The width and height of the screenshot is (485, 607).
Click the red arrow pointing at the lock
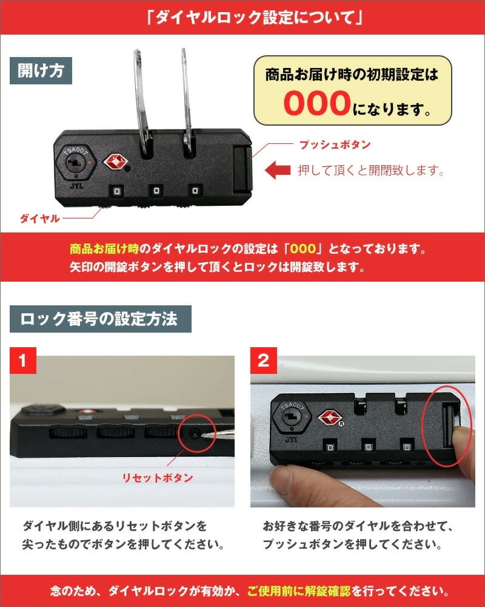[278, 170]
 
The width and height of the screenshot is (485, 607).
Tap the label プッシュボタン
[335, 145]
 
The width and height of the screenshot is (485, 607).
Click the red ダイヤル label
[40, 219]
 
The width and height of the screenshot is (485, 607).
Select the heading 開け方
[41, 70]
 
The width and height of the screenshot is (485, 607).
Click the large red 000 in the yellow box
[317, 103]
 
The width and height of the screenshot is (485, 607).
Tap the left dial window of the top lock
[117, 191]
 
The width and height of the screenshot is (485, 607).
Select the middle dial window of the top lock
[156, 191]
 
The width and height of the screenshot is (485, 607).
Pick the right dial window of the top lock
[195, 191]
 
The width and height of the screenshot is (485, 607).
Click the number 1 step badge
[23, 361]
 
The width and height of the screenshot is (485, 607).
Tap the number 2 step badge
[263, 361]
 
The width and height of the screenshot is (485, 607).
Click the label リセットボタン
[158, 478]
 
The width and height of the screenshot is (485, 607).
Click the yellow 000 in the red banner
[303, 248]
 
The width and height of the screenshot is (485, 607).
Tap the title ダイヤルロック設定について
[255, 18]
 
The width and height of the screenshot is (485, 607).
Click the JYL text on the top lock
[77, 186]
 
